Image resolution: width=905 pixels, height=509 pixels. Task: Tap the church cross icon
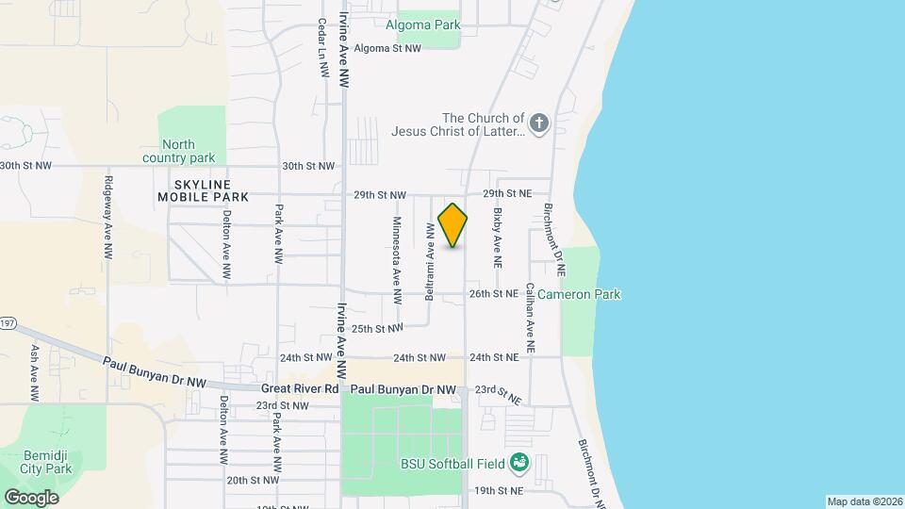click(539, 123)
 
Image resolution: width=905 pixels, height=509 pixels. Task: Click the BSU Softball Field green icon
click(518, 463)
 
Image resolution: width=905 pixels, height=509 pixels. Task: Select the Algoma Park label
click(421, 25)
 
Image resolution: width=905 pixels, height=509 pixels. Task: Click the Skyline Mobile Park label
click(204, 190)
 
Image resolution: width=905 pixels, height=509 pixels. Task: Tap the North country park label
click(178, 151)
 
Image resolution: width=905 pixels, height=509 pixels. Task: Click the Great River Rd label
click(299, 388)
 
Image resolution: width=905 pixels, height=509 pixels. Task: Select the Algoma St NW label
click(387, 48)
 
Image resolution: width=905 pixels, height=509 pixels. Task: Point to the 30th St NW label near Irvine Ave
click(308, 166)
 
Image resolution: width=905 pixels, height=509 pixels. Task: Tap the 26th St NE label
click(494, 294)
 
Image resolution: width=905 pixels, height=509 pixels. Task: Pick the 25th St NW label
click(377, 329)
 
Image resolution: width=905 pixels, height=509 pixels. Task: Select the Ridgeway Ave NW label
click(109, 218)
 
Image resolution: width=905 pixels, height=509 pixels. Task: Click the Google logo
click(31, 497)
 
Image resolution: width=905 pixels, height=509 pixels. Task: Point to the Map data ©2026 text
click(864, 501)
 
